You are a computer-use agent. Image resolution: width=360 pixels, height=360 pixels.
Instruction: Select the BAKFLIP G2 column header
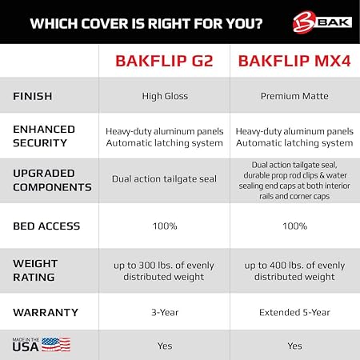[164, 61]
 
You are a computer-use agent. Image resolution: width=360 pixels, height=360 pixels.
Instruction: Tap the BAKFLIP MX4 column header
[294, 61]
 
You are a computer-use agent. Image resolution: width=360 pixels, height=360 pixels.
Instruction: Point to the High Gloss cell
[164, 96]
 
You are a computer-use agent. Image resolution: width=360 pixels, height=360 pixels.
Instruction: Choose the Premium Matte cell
[295, 96]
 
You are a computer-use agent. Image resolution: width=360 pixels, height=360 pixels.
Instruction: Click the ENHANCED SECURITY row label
[44, 136]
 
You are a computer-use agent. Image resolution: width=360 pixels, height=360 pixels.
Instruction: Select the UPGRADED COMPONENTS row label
[50, 180]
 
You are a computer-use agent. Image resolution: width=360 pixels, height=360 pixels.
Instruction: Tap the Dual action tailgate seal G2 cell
[164, 180]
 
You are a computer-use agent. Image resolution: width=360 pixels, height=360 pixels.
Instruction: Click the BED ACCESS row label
[46, 226]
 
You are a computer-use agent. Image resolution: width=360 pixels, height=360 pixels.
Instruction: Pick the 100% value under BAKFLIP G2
[164, 226]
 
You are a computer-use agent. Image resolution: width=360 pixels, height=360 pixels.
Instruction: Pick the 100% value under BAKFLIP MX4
[295, 226]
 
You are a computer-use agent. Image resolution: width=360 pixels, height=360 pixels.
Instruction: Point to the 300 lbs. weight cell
[164, 270]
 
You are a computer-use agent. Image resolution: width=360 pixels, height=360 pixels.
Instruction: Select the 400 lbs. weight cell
[295, 270]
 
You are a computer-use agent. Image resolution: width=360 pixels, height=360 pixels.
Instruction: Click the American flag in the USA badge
[56, 345]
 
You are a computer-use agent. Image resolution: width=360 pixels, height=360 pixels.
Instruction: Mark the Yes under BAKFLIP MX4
[295, 346]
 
